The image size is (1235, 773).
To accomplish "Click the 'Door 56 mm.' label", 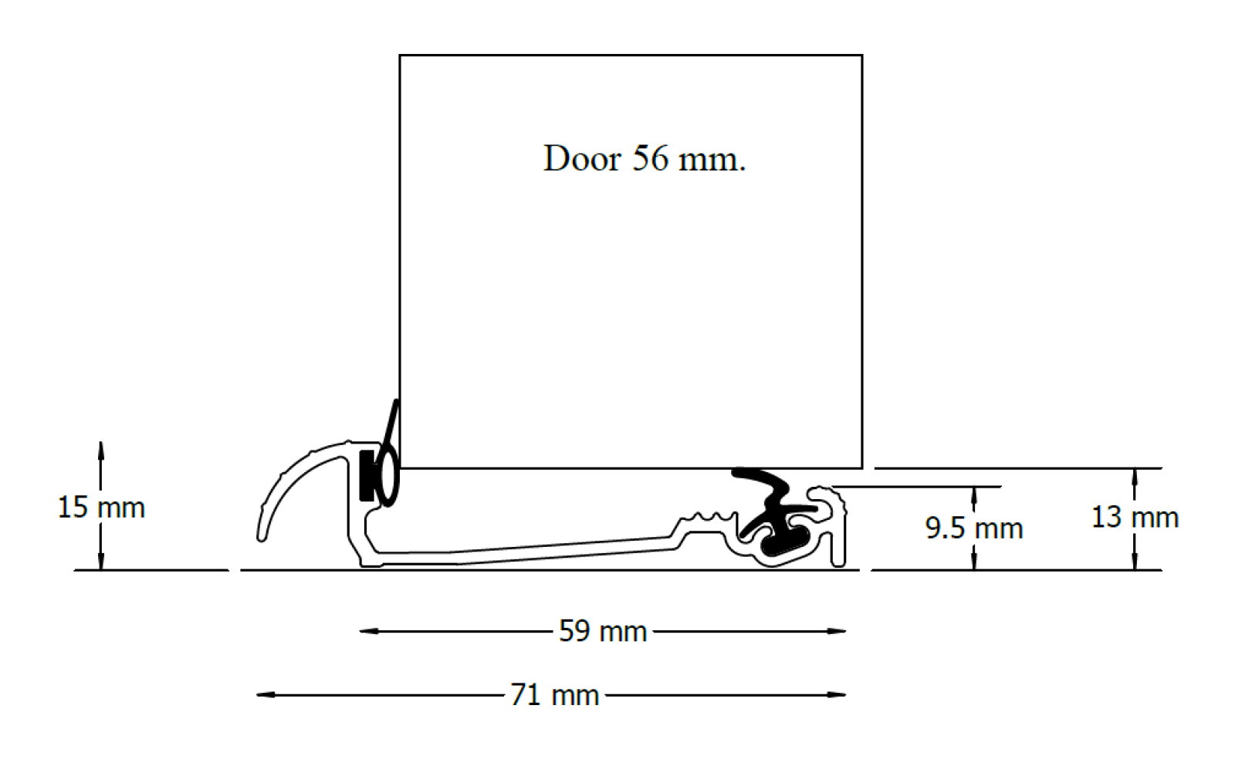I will click(644, 159).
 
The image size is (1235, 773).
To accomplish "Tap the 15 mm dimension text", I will click(101, 508).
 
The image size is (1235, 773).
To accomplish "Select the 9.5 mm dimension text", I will click(974, 528).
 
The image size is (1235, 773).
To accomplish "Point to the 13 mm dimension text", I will click(1135, 517).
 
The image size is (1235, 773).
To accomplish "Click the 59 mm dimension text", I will click(603, 631).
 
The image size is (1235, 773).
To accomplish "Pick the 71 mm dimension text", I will click(555, 695).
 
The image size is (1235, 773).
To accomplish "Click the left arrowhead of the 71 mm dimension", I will click(263, 695).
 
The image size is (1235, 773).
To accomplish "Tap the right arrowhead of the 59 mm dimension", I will click(839, 631).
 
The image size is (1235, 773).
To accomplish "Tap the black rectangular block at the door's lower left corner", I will click(367, 476).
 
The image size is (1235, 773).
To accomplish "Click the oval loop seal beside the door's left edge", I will click(387, 474).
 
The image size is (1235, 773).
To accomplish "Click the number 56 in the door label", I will click(650, 159).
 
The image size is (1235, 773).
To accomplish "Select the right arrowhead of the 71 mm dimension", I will click(839, 695).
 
